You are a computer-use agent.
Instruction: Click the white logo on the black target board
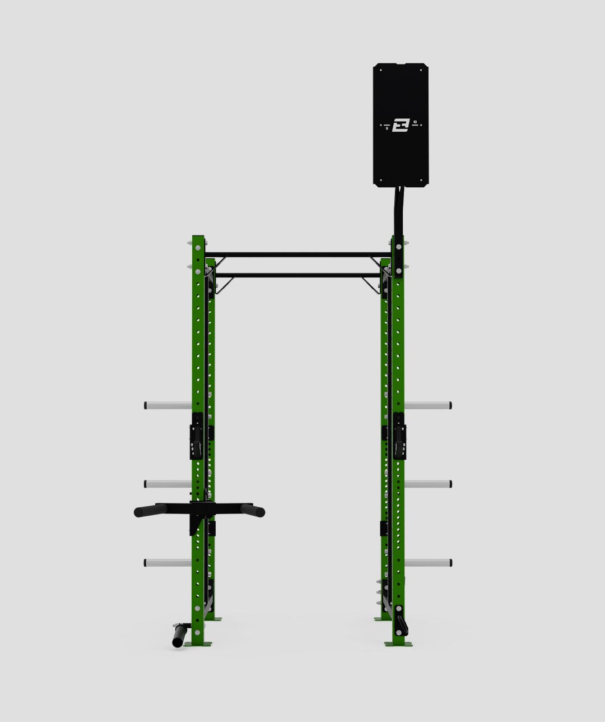point(401,125)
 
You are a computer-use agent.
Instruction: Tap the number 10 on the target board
point(415,122)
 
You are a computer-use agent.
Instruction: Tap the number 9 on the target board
point(387,128)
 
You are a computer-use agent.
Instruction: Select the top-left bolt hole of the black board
point(380,71)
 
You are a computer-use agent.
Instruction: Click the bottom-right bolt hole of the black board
point(421,180)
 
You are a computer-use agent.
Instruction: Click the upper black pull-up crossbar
point(297,254)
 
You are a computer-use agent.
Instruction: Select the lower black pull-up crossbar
point(297,275)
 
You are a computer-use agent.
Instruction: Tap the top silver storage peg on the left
point(167,405)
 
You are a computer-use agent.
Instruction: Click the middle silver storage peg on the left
point(167,483)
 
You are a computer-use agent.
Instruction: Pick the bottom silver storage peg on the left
point(167,562)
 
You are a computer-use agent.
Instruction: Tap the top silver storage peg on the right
point(429,405)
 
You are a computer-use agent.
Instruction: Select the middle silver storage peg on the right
point(429,483)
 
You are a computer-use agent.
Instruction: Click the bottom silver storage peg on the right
point(429,562)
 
